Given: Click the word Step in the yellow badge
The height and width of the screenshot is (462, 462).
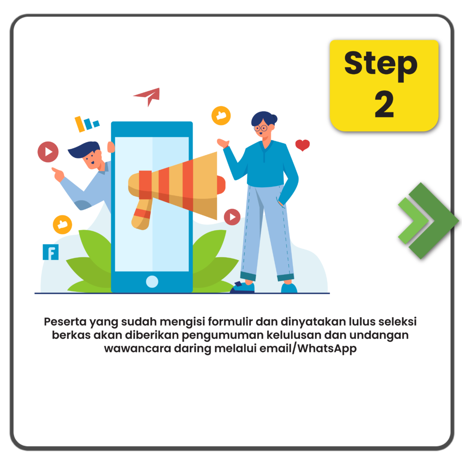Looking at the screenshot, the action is click(x=381, y=65).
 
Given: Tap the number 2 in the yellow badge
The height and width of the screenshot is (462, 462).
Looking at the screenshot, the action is click(x=384, y=104).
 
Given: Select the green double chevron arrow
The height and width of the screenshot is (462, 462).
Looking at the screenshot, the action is click(x=428, y=221).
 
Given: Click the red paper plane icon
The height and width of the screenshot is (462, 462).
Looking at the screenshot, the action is click(x=148, y=96).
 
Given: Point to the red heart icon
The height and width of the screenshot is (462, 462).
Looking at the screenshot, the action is click(x=302, y=145).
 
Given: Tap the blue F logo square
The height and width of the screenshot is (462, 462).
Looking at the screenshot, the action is click(x=51, y=252).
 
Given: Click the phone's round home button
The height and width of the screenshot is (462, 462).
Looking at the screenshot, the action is click(x=152, y=282).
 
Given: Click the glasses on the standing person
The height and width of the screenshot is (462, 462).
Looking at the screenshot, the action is click(x=261, y=128).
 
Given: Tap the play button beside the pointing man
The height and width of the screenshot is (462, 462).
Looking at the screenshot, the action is click(x=48, y=152).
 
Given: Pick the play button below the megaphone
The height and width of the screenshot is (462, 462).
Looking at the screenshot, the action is click(x=232, y=217).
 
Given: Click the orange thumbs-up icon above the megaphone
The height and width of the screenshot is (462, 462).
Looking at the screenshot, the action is click(x=221, y=115).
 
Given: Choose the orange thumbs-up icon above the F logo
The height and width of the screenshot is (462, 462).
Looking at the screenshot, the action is click(x=62, y=225).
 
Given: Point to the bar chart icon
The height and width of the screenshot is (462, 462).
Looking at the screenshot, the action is click(x=87, y=124).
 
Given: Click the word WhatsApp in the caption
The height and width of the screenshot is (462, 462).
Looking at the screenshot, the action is click(x=327, y=349).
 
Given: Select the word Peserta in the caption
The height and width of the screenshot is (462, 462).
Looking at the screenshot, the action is click(x=65, y=321).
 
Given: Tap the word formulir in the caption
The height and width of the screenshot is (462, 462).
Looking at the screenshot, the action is click(x=230, y=321).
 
